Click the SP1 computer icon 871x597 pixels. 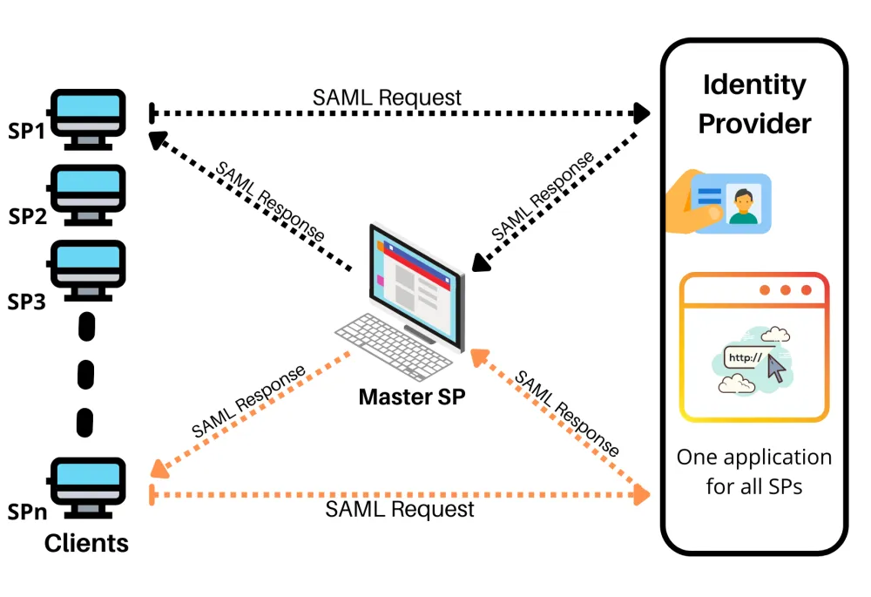[x=88, y=119]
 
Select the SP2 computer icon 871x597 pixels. [x=88, y=195]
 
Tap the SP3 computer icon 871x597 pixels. [x=88, y=271]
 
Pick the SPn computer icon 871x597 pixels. [x=88, y=488]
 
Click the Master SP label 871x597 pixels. [x=412, y=397]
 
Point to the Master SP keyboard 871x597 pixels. [x=394, y=346]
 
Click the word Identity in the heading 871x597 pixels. [x=754, y=85]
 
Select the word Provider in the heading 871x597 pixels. [x=754, y=124]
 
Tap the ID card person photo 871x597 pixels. [x=743, y=203]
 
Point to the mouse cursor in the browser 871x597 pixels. [x=777, y=368]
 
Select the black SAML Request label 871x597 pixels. [x=387, y=98]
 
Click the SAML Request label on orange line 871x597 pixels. [x=400, y=509]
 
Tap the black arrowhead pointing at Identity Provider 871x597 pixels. [x=642, y=112]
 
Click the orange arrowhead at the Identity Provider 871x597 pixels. [x=642, y=494]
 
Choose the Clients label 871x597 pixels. [x=86, y=544]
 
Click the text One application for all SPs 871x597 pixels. [x=753, y=471]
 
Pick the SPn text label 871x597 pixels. [x=27, y=512]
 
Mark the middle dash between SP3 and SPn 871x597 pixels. [x=85, y=375]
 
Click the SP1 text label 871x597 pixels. [x=26, y=132]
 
